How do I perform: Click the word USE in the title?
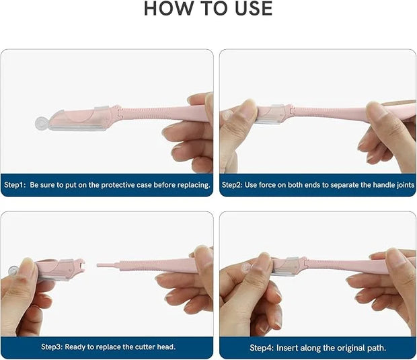[254, 9]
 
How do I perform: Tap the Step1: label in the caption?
[15, 185]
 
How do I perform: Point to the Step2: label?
[232, 185]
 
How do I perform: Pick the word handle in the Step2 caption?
[384, 185]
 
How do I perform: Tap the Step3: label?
[52, 347]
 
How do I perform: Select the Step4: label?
[262, 348]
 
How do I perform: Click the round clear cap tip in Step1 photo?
[42, 124]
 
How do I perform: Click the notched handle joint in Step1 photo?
[119, 111]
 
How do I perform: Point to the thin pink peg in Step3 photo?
[108, 265]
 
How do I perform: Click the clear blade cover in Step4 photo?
[289, 266]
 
